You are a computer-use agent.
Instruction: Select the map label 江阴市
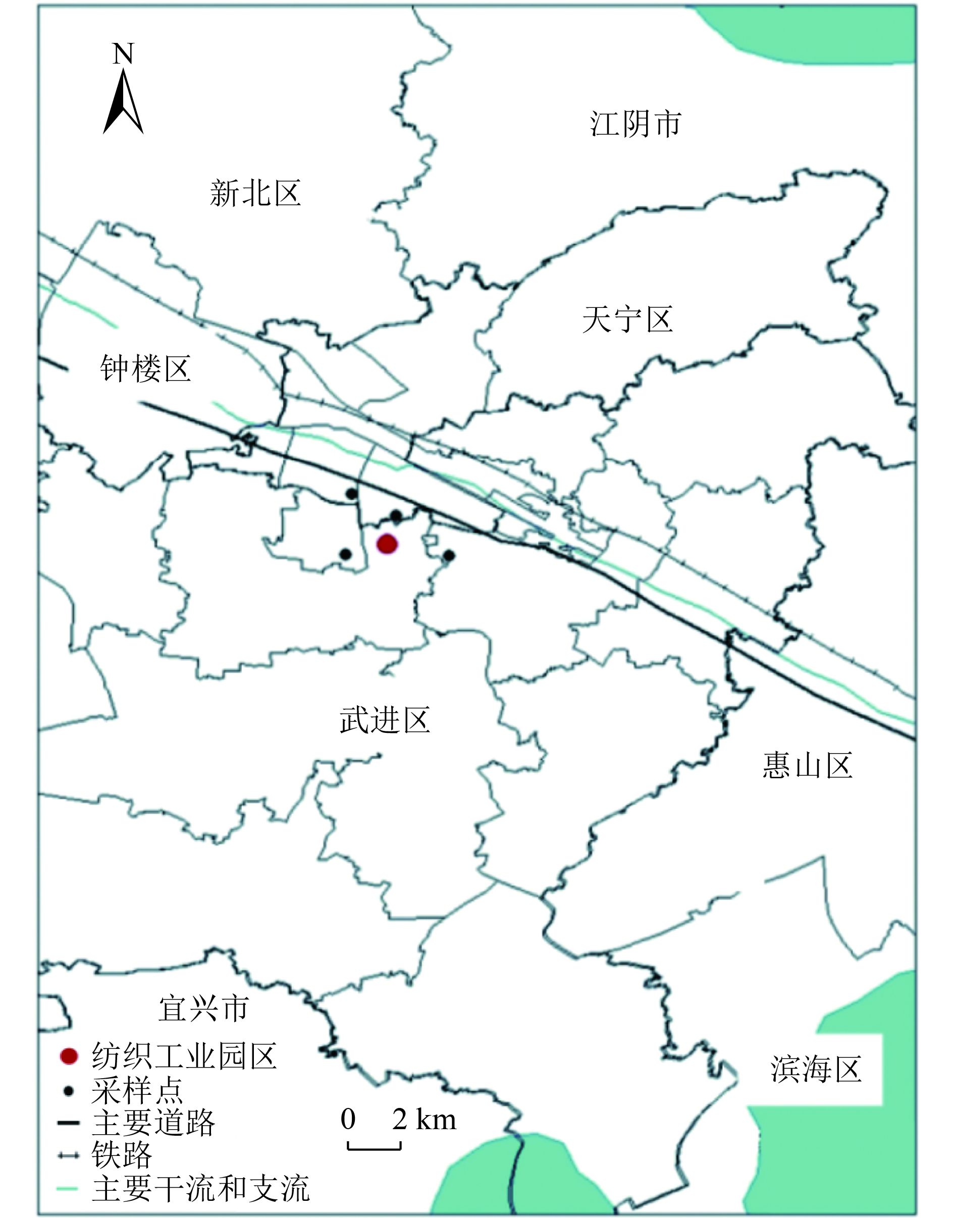[x=635, y=124]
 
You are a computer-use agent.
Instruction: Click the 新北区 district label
[x=255, y=194]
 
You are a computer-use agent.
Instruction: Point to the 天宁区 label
[x=627, y=320]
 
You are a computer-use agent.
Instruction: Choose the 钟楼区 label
[x=145, y=369]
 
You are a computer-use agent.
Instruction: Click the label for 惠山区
[x=807, y=766]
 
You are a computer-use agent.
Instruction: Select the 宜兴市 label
[x=203, y=1009]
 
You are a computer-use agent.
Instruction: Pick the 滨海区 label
[x=816, y=1070]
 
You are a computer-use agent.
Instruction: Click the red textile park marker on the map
[x=387, y=544]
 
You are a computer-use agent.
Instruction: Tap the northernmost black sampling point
[x=351, y=494]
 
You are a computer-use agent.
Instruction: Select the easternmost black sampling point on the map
[x=449, y=556]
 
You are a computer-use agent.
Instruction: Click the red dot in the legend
[x=69, y=1056]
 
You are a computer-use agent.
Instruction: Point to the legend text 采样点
[x=137, y=1090]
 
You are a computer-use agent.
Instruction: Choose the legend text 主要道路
[x=153, y=1123]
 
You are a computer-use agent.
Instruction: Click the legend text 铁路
[x=122, y=1155]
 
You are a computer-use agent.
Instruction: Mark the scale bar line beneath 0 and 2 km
[x=374, y=1148]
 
